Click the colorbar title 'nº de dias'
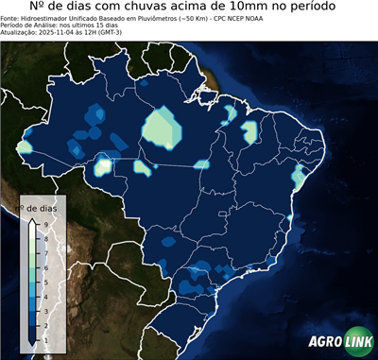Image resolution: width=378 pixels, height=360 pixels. pyautogui.click(x=41, y=207)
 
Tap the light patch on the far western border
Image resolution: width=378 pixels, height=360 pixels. pyautogui.click(x=25, y=148)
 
